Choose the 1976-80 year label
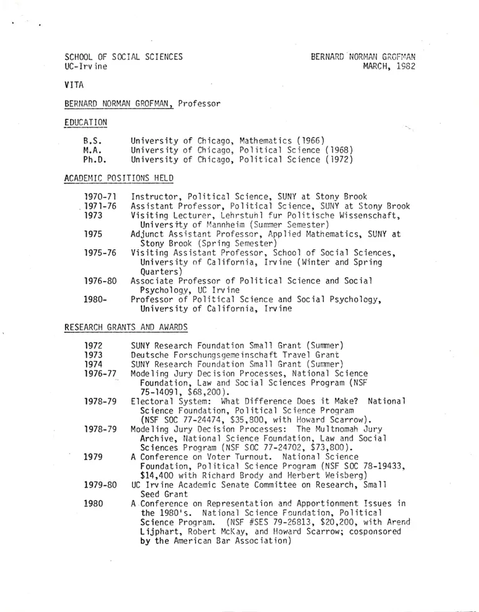100,281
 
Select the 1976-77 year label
100,373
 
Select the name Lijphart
159,531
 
